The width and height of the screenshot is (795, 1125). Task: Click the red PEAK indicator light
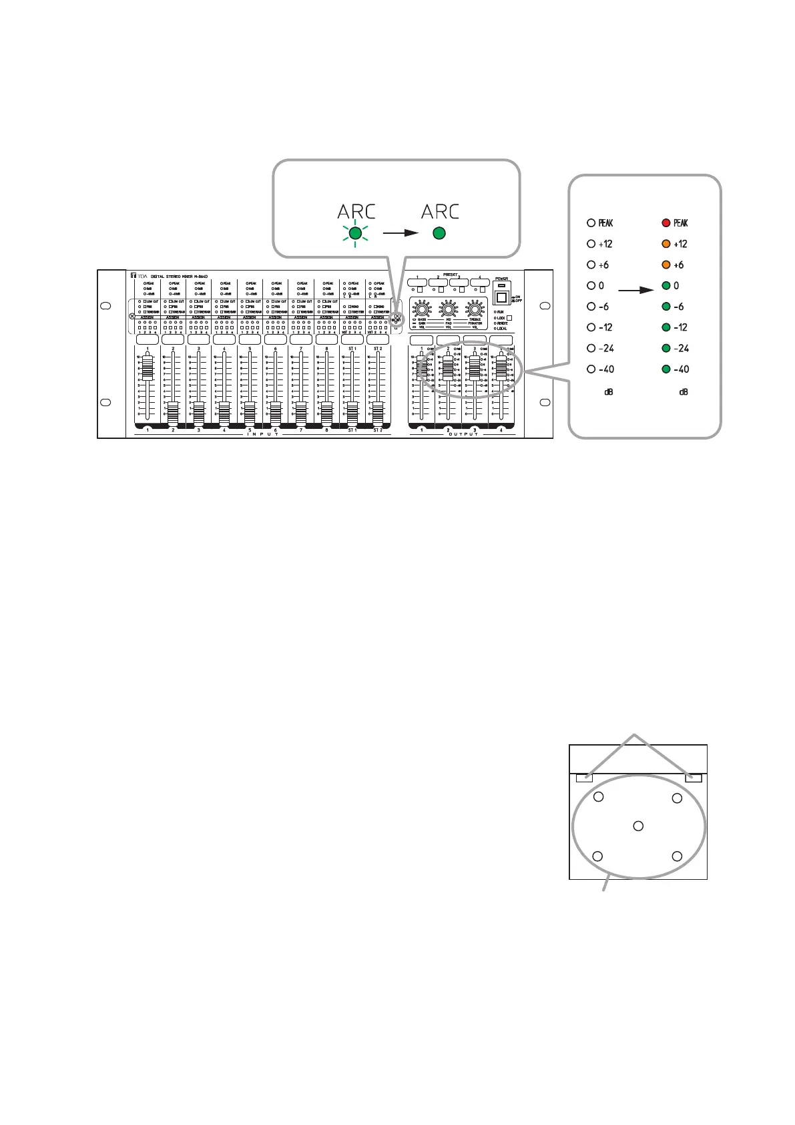click(x=666, y=222)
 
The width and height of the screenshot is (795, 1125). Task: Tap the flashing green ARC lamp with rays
click(x=355, y=234)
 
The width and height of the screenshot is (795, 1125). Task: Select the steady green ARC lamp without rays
click(x=439, y=234)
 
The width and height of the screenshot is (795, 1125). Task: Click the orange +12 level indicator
click(x=666, y=244)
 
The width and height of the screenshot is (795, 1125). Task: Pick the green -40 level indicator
click(x=666, y=369)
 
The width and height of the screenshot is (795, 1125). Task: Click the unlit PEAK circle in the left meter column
click(x=591, y=222)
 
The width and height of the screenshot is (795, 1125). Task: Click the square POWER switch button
click(x=501, y=297)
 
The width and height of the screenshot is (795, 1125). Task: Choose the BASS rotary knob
click(x=421, y=309)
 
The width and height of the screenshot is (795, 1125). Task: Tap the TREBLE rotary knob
click(x=475, y=309)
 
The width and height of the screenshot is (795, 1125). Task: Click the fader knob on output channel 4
click(x=501, y=368)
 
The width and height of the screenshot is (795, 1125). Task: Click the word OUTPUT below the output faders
click(x=461, y=434)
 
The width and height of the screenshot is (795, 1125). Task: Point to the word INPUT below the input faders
click(x=262, y=434)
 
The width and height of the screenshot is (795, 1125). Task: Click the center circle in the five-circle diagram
click(x=638, y=826)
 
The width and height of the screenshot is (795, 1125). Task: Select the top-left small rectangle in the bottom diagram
click(x=585, y=778)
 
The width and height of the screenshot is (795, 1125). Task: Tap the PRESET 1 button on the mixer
click(x=417, y=283)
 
